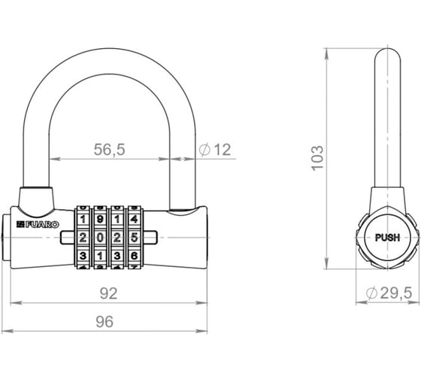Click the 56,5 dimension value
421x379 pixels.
109,150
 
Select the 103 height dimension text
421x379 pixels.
317,158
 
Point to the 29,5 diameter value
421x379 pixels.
396,293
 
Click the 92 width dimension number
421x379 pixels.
109,293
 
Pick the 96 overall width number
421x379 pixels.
104,322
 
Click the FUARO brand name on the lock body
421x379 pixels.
42,225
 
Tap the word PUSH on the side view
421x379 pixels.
387,238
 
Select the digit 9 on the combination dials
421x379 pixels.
100,219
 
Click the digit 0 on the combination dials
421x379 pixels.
100,238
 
